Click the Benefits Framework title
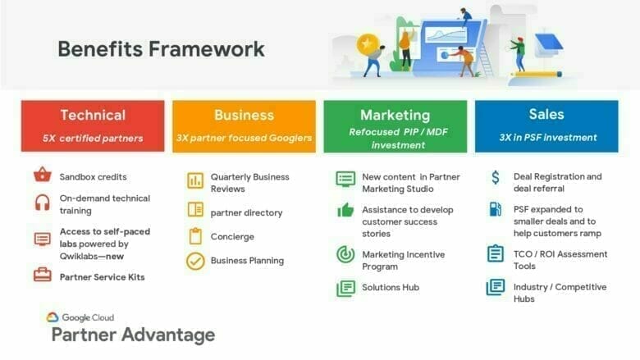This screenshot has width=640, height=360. (x=161, y=48)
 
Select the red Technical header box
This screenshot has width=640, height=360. (x=93, y=125)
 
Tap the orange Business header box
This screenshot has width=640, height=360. (x=244, y=125)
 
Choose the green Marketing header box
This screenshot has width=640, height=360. (x=395, y=125)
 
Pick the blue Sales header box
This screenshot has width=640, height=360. (x=546, y=125)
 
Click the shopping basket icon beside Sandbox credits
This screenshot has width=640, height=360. (x=42, y=176)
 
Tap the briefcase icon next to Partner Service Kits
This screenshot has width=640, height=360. (x=42, y=276)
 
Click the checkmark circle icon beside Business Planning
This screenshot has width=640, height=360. (x=194, y=261)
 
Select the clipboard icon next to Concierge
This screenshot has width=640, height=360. (x=194, y=236)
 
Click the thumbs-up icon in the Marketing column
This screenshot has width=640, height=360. (x=345, y=210)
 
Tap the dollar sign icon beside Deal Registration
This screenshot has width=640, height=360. (x=495, y=177)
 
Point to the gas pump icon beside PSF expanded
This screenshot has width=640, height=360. (x=495, y=210)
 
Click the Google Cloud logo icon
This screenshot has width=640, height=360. (x=53, y=317)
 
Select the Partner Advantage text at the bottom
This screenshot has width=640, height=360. (x=133, y=335)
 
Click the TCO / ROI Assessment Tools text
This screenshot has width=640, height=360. (x=560, y=259)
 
